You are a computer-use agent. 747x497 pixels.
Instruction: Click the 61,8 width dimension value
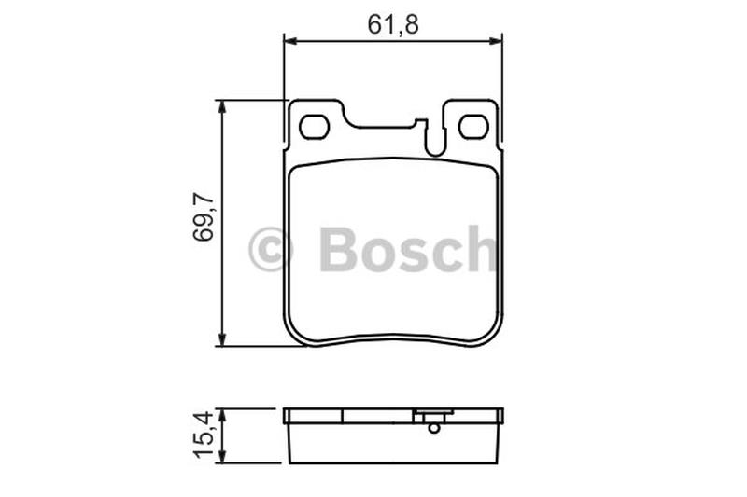[393, 25]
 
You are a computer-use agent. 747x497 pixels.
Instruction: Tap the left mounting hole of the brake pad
[315, 127]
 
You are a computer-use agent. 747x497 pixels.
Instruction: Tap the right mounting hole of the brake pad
[473, 127]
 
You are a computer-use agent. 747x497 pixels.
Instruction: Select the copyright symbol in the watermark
[271, 249]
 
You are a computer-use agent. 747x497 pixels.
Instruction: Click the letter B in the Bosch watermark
[339, 248]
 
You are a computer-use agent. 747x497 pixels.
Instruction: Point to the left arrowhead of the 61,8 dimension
[290, 42]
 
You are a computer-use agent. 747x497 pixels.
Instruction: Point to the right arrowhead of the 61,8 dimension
[496, 42]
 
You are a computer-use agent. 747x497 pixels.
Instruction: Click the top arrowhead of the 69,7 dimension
[221, 106]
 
